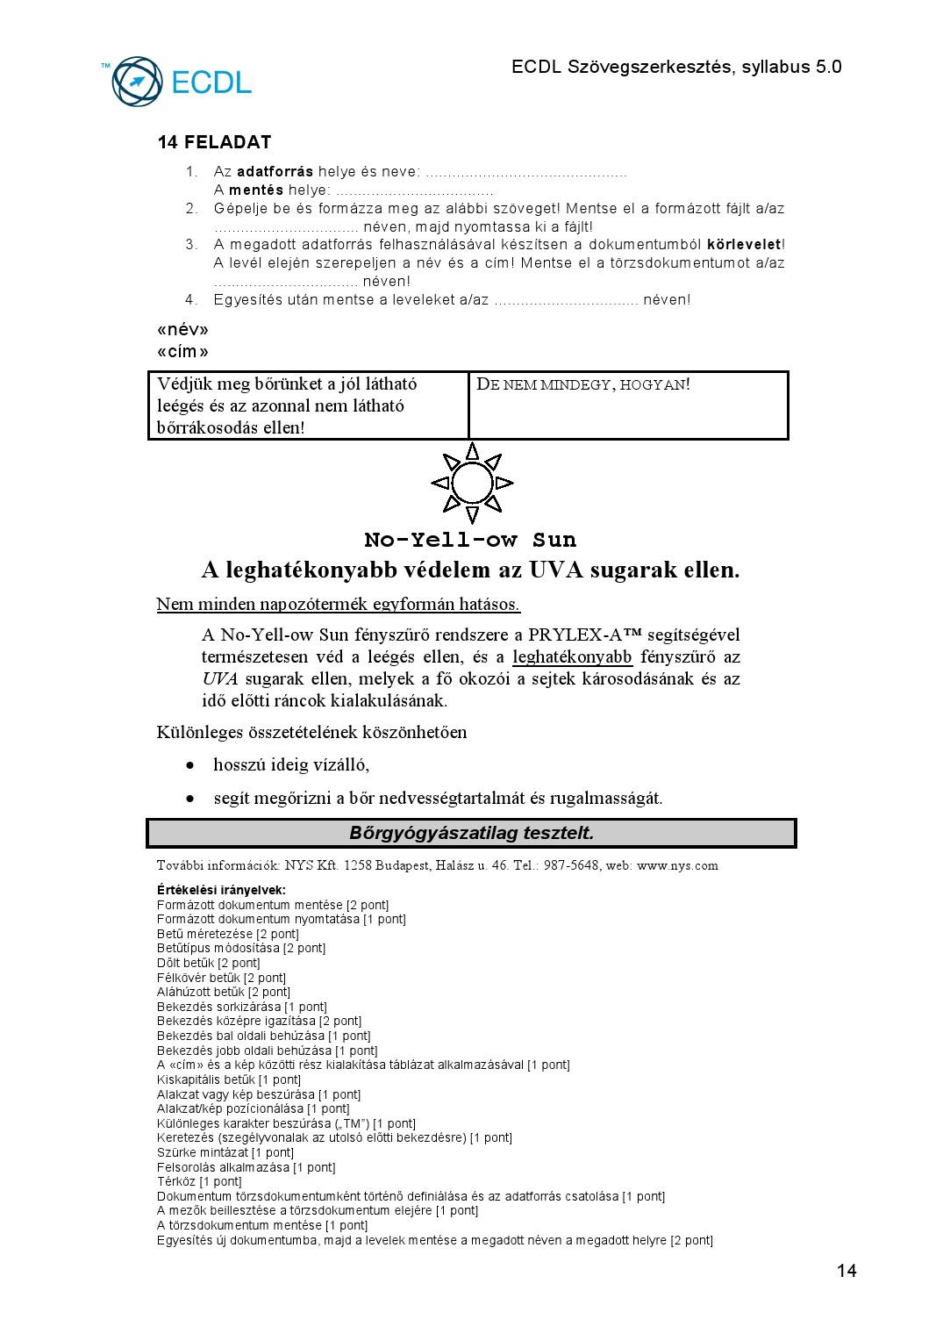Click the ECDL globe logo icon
138,82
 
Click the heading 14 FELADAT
214,142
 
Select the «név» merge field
182,330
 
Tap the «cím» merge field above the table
182,352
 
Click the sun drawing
472,483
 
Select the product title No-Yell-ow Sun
470,540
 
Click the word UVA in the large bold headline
556,570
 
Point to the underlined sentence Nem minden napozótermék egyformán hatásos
338,604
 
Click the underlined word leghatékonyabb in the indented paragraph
572,657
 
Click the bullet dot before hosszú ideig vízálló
190,765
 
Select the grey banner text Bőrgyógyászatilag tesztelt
471,833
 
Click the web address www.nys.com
677,865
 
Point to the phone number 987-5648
572,865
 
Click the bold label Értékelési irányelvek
221,890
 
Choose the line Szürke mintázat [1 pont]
225,1152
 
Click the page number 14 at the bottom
847,1271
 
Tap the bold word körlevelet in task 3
743,245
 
